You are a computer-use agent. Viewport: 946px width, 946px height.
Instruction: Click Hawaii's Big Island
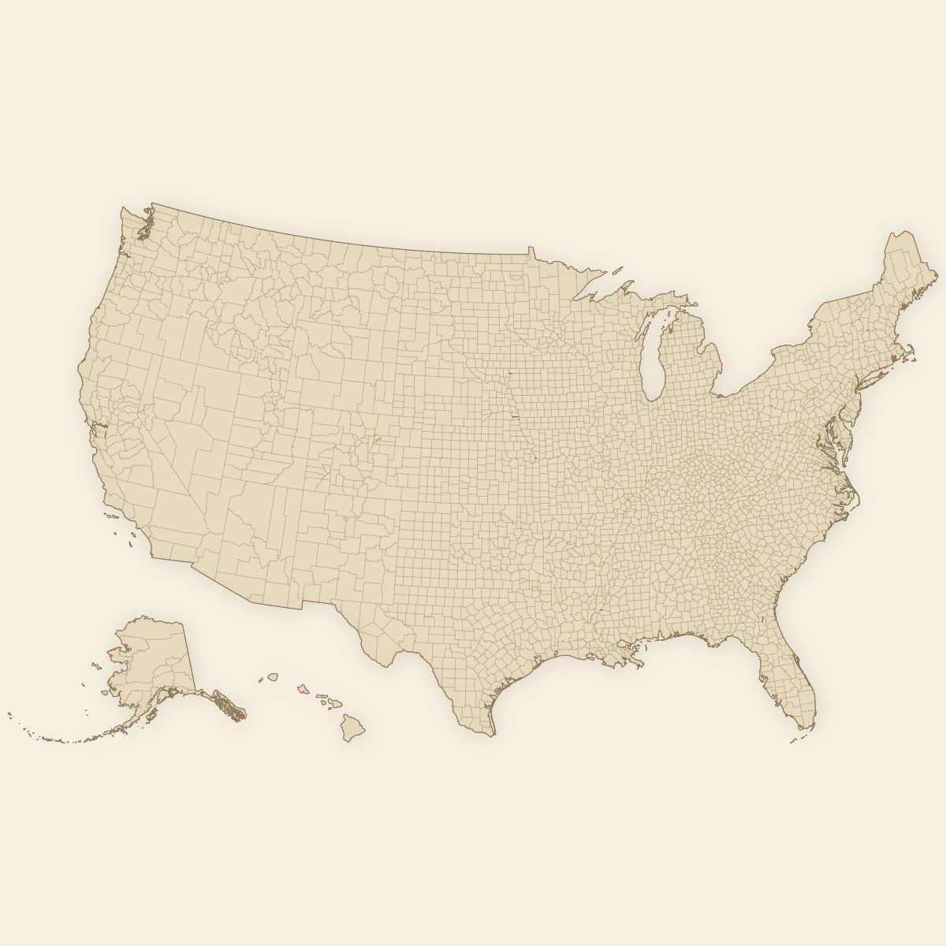352,727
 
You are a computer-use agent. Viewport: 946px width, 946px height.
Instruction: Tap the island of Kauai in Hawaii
273,676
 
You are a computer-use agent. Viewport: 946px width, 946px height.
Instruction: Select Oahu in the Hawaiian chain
302,690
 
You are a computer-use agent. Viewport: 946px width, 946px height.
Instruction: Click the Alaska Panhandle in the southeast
229,706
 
